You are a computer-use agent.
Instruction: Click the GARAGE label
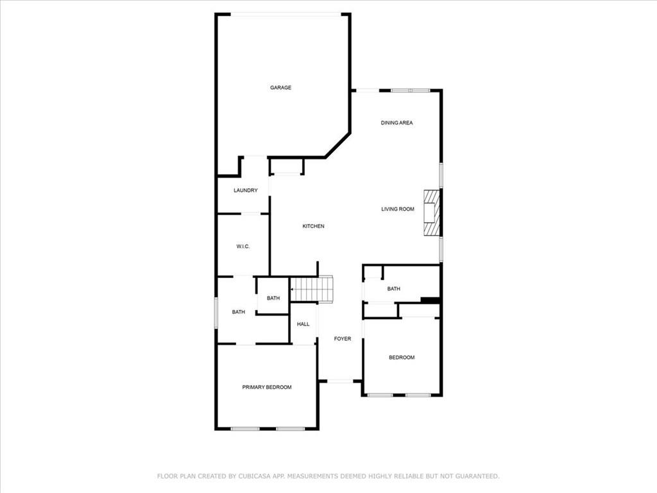point(280,87)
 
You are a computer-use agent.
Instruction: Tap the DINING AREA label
point(397,123)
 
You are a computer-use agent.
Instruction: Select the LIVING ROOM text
point(398,209)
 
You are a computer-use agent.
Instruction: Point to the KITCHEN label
point(314,226)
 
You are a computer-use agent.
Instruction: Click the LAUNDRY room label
point(246,190)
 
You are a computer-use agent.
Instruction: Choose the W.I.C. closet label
point(243,246)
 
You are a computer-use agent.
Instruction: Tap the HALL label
point(303,324)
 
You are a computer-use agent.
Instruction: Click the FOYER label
point(343,338)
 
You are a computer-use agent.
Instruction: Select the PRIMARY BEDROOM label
point(267,387)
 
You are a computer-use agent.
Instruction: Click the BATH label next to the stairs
point(273,298)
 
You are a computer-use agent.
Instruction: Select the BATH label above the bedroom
point(393,289)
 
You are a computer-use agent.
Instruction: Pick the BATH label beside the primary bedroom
point(239,312)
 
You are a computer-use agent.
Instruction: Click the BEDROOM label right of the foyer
point(402,358)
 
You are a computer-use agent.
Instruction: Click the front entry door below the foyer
point(340,381)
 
